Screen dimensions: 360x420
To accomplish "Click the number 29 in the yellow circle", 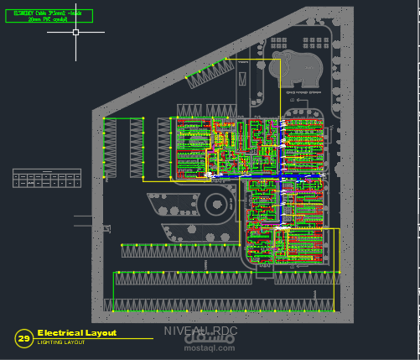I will pos(23,338).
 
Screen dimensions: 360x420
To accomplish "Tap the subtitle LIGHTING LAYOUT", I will pos(60,342).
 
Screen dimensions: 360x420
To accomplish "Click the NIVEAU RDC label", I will pos(200,331).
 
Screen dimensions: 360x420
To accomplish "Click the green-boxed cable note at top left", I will pos(47,16).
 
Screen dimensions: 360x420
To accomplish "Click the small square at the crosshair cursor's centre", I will pos(75,32).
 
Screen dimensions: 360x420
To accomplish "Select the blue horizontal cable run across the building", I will pos(251,178).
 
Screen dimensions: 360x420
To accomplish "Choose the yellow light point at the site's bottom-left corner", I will pos(106,310).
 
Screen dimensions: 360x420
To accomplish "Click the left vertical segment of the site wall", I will pos(94,210).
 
